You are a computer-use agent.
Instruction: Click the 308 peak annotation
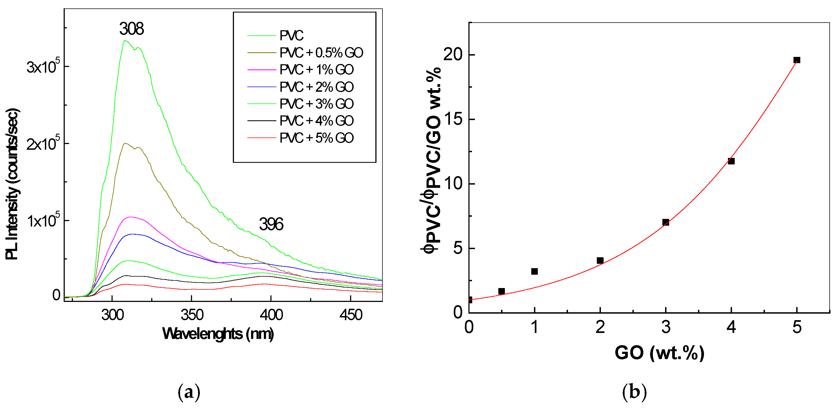pos(131,29)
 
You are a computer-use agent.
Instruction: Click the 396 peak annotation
pos(271,224)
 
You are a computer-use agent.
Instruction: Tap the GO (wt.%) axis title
pos(659,353)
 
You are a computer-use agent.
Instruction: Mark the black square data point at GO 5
pos(797,60)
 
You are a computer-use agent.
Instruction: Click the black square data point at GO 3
pos(666,222)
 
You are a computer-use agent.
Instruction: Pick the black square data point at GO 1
pos(534,271)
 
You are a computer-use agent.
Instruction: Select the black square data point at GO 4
pos(731,161)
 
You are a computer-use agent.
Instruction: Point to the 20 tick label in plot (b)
pos(453,54)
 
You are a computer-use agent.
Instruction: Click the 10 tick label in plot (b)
pos(453,183)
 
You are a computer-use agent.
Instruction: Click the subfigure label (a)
pos(189,391)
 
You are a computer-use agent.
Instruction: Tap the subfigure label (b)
pos(634,391)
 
